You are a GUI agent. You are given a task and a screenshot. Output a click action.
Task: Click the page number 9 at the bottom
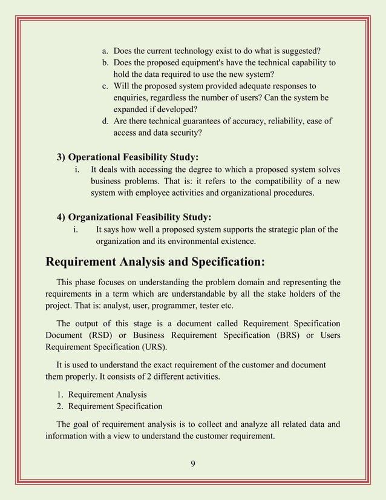(192, 465)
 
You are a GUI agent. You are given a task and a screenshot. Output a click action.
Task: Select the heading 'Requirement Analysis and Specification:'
(155, 262)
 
